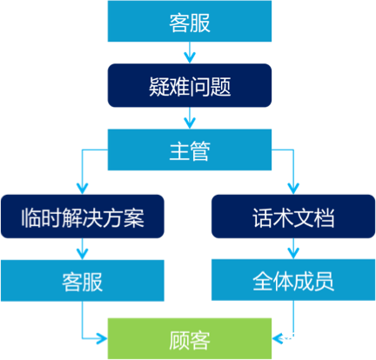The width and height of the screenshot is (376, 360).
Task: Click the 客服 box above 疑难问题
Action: (190, 22)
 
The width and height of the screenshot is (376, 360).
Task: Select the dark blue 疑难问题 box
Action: (190, 86)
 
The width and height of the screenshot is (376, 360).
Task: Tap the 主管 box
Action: (190, 150)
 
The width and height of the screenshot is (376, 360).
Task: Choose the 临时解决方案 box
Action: (82, 216)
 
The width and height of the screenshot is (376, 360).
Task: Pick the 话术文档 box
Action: (293, 216)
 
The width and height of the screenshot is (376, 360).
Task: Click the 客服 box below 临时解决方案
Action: (82, 281)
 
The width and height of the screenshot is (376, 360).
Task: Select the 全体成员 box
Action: (293, 281)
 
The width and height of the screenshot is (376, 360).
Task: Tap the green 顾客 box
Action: (190, 337)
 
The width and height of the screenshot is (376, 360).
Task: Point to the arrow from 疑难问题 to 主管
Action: (190, 118)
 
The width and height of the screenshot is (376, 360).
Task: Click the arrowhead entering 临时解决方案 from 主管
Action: (83, 187)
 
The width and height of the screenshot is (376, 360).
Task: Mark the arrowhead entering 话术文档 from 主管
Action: (294, 187)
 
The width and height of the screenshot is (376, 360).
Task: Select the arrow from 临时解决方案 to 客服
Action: (83, 250)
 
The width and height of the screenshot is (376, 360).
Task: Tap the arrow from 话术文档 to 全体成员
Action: (294, 250)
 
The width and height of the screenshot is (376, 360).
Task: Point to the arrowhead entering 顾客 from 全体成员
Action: (278, 337)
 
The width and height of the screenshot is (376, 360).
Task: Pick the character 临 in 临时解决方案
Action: (34, 216)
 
